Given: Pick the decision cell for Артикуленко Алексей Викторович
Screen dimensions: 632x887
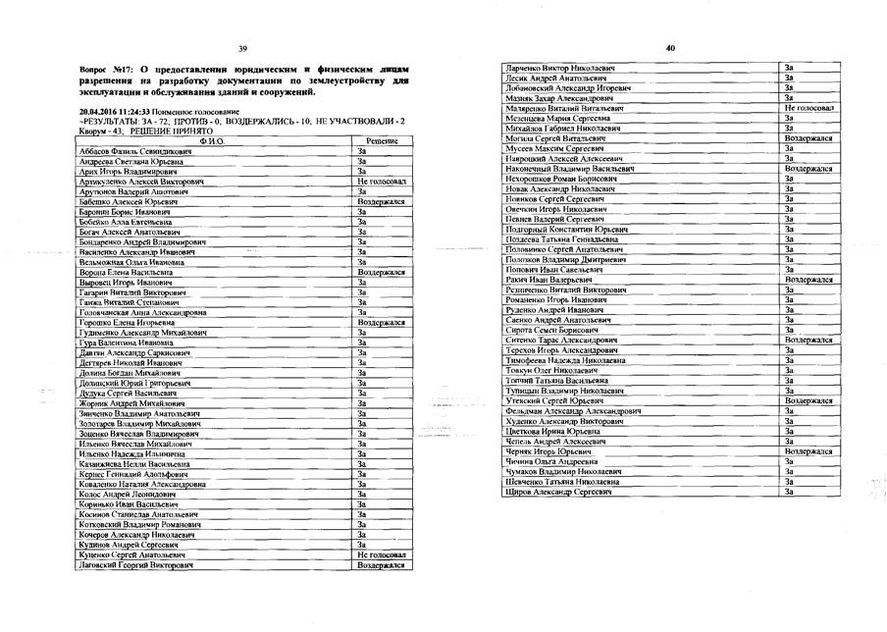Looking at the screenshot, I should [x=381, y=183].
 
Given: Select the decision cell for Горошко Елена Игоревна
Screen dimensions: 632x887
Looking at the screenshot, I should [x=381, y=322].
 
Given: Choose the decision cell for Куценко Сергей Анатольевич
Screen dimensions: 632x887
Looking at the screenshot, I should [x=381, y=555].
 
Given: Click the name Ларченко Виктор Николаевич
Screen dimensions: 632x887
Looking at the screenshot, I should [x=556, y=67].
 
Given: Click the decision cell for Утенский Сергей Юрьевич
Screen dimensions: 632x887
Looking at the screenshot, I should [x=809, y=400].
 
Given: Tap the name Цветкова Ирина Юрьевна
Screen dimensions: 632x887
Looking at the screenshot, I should [x=548, y=431].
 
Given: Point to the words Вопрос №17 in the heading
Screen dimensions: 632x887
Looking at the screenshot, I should [x=104, y=71].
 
